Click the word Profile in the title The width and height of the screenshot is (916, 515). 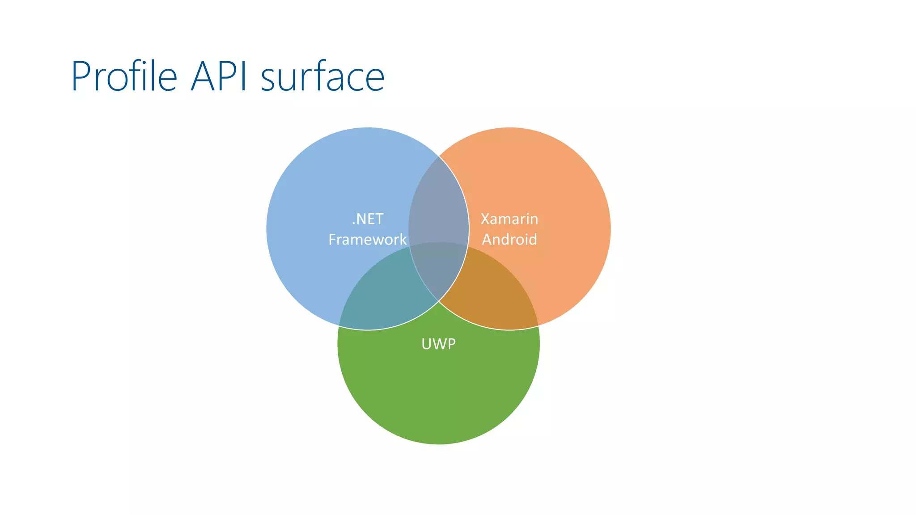[124, 77]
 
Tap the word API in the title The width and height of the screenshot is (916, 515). [219, 77]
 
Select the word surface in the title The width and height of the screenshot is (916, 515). [322, 77]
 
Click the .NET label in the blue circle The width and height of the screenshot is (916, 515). [368, 219]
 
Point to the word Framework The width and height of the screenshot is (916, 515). [368, 240]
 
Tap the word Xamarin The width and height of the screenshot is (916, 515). [509, 219]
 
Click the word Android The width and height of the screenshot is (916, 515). [509, 240]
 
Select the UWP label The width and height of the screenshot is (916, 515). [438, 344]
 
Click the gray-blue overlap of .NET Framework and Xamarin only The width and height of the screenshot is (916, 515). [438, 201]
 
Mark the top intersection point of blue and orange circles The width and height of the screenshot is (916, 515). [439, 156]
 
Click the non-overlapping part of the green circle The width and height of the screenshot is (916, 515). [438, 393]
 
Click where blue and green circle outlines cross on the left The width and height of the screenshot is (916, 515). [339, 326]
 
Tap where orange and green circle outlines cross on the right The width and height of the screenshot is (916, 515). [538, 326]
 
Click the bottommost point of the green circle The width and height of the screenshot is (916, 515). [438, 444]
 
